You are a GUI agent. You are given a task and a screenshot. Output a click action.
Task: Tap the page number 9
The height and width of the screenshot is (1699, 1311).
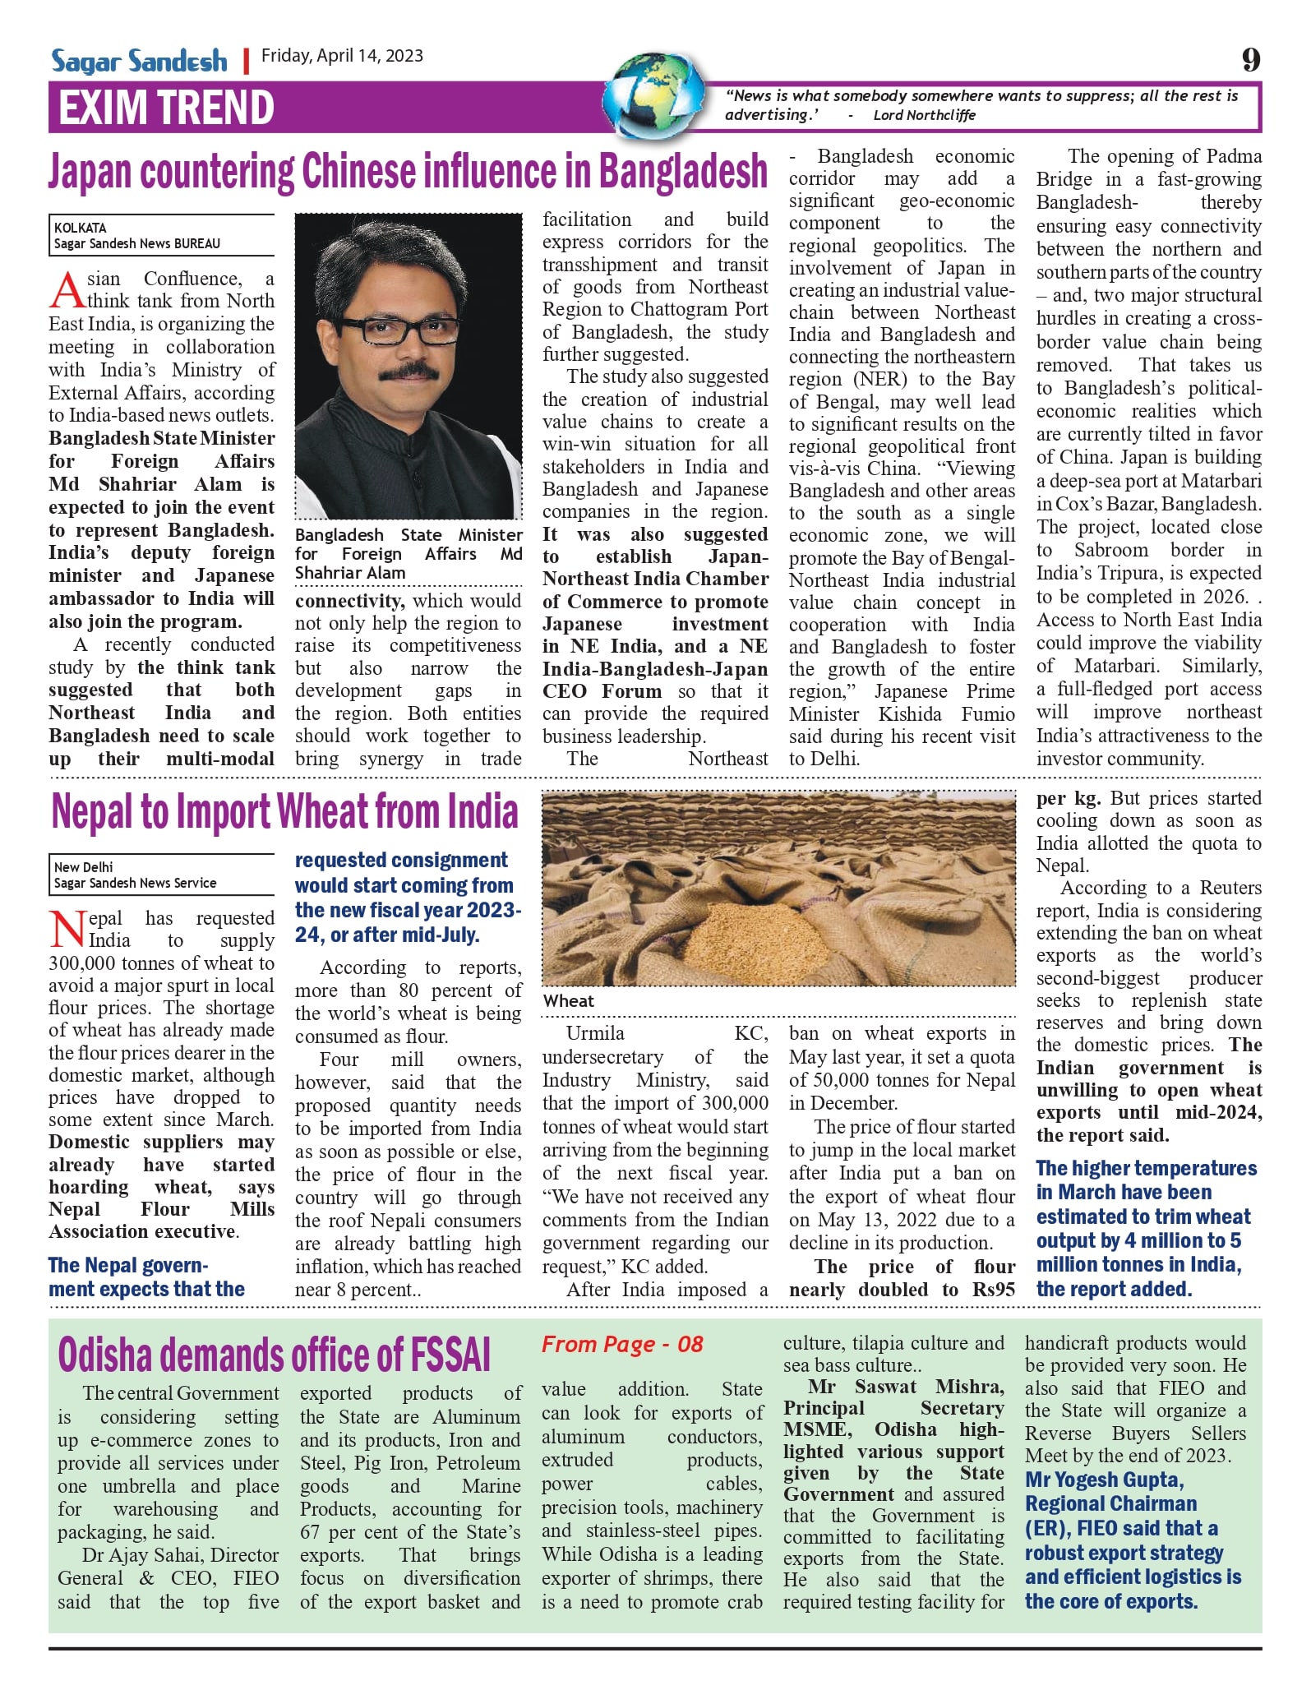pyautogui.click(x=1250, y=59)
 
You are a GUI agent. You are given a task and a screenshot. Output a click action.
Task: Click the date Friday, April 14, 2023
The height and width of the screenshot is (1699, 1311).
pyautogui.click(x=342, y=56)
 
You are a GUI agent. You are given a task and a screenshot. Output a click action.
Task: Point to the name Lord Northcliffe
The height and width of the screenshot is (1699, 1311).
pyautogui.click(x=924, y=116)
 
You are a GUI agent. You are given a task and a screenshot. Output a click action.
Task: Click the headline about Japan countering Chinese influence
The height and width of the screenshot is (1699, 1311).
pyautogui.click(x=408, y=172)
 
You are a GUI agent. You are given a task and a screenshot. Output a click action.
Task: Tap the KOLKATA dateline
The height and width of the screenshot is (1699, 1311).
pyautogui.click(x=81, y=228)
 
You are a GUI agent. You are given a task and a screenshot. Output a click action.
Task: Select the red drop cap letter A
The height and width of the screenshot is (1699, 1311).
pyautogui.click(x=67, y=291)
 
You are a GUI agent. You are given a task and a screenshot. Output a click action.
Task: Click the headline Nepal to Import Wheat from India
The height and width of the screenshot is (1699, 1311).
pyautogui.click(x=284, y=811)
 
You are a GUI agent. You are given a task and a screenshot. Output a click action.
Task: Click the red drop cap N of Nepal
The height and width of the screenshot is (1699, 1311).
pyautogui.click(x=67, y=930)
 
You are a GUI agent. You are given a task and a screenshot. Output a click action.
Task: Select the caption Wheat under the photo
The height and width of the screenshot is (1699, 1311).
pyautogui.click(x=569, y=1001)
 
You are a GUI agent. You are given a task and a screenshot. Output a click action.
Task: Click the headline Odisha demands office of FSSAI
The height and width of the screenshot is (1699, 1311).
pyautogui.click(x=275, y=1355)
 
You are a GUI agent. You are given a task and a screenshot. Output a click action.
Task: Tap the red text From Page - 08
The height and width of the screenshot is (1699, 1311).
pyautogui.click(x=622, y=1345)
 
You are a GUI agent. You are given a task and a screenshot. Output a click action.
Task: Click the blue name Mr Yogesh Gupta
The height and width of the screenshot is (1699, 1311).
pyautogui.click(x=1104, y=1480)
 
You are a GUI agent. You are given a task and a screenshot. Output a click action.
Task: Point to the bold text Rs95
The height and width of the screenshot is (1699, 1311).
pyautogui.click(x=994, y=1290)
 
